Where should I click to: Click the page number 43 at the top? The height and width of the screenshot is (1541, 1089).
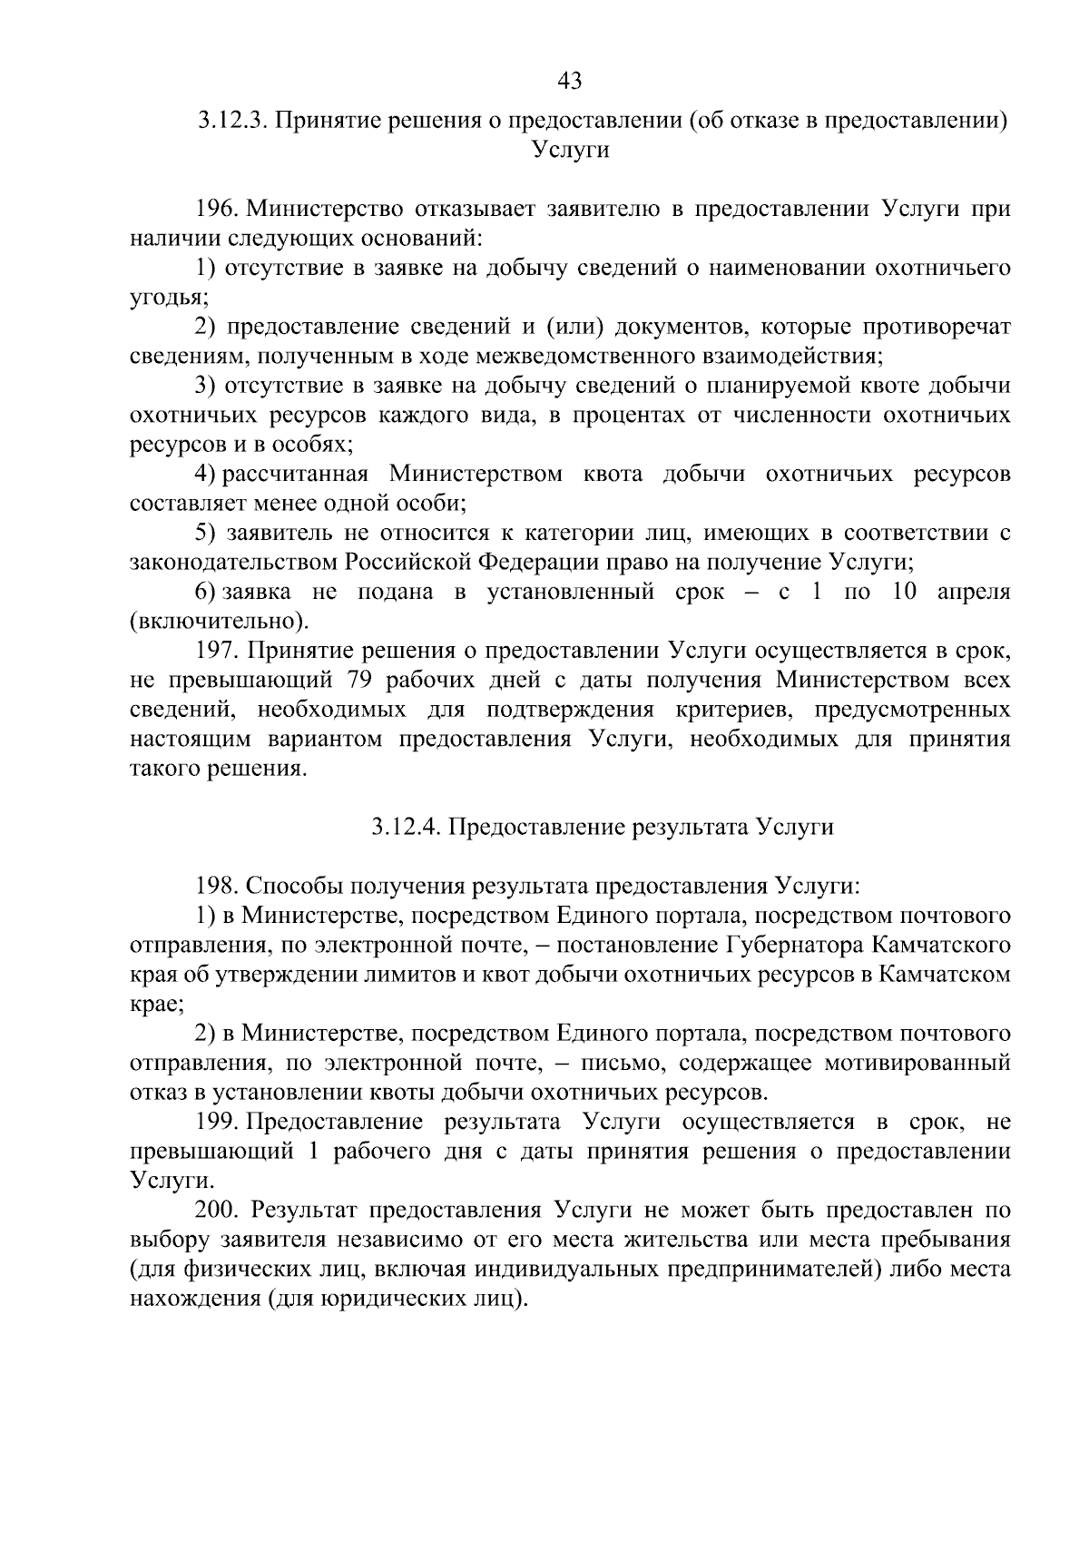click(x=569, y=82)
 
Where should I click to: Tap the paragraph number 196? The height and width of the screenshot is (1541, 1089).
click(x=217, y=210)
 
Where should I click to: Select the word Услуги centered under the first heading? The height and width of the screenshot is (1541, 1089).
click(x=570, y=151)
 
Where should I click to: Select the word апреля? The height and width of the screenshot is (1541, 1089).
click(x=974, y=593)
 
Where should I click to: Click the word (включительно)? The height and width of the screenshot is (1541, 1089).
click(x=219, y=622)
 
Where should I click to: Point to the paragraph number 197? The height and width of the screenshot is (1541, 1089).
click(x=217, y=652)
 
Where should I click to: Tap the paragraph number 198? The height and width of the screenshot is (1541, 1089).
click(x=217, y=887)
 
